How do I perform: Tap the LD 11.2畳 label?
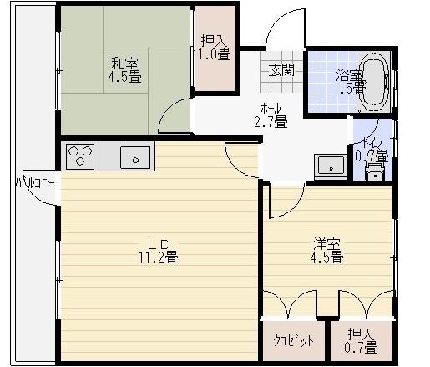159,250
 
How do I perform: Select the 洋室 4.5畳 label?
328,251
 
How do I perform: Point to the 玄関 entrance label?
281,70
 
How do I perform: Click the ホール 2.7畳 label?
270,115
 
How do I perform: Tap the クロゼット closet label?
294,341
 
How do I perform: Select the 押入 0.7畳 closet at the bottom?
362,341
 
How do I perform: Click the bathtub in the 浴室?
372,82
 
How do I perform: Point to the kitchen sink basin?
134,156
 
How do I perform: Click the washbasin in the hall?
331,165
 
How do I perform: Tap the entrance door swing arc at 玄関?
281,33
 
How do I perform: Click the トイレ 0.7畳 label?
371,149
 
